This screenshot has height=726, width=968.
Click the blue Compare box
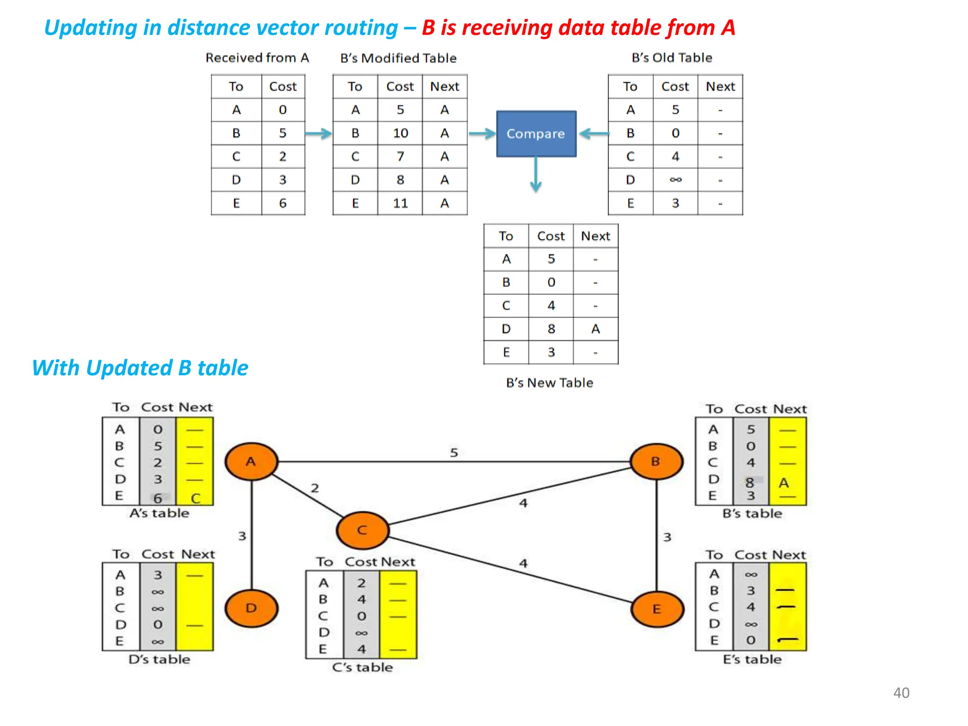[536, 134]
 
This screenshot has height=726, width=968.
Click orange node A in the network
[251, 461]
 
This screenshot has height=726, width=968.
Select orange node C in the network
[363, 530]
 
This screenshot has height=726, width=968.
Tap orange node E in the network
[657, 609]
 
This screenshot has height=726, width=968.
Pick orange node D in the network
[251, 608]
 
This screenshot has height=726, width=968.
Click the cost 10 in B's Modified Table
[400, 133]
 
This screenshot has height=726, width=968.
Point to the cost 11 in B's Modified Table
[400, 203]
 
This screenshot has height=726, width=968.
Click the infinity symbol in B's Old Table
[675, 180]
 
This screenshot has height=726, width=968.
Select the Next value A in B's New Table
[596, 329]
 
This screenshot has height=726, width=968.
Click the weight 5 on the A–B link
[454, 452]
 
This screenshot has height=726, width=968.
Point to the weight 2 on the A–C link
[315, 488]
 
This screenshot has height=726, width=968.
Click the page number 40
[901, 692]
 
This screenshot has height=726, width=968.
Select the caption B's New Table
[549, 382]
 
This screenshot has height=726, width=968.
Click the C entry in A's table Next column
[195, 498]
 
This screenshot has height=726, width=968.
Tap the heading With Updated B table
[140, 368]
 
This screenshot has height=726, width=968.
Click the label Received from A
[257, 58]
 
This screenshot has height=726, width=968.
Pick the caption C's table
[362, 667]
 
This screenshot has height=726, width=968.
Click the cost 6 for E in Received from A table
[283, 203]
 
